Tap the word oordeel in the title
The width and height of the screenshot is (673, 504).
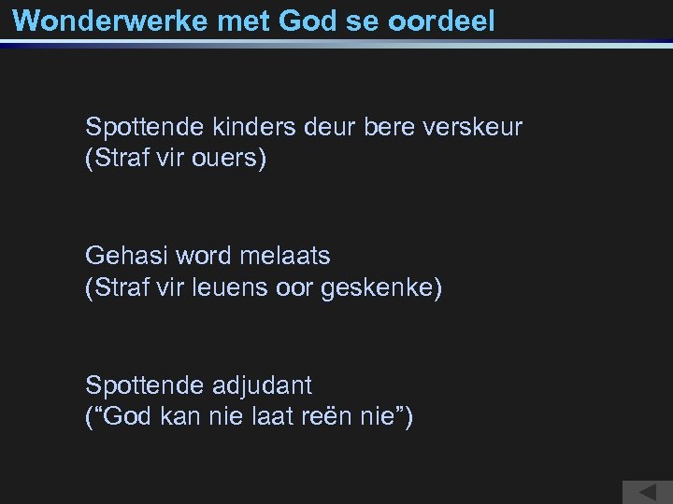coord(443,21)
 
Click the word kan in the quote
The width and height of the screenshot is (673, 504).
coord(172,417)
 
